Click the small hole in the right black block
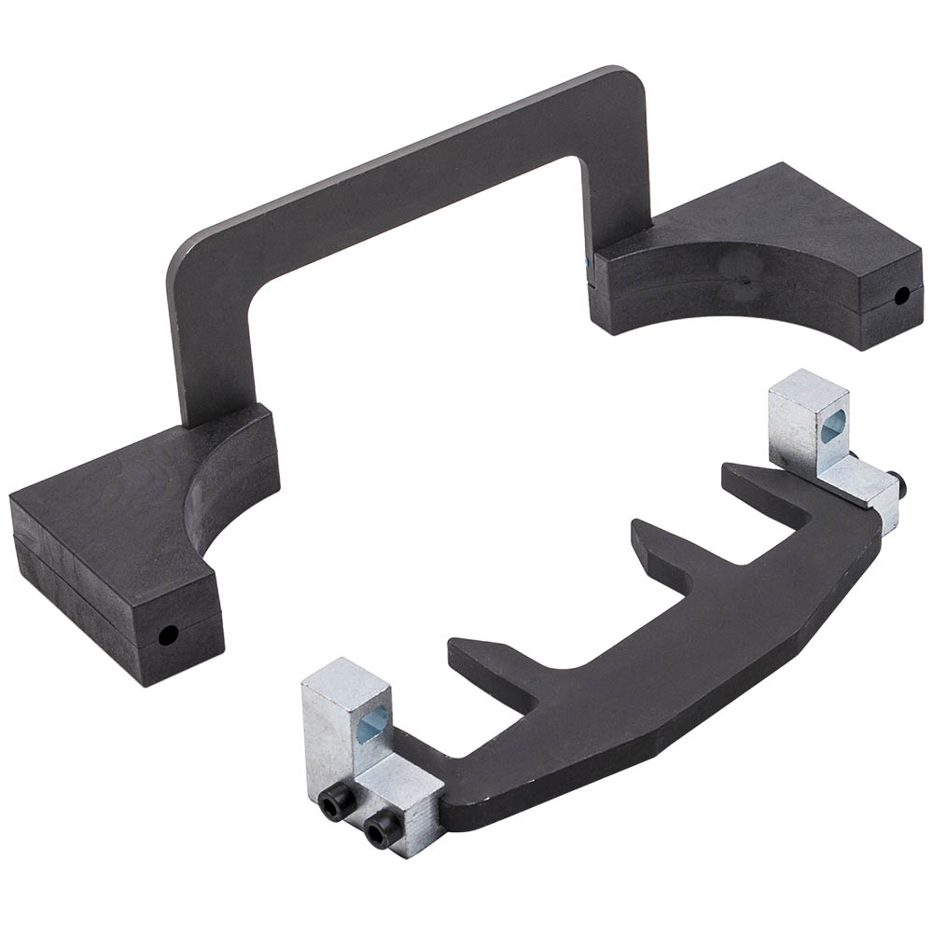pyautogui.click(x=901, y=297)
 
